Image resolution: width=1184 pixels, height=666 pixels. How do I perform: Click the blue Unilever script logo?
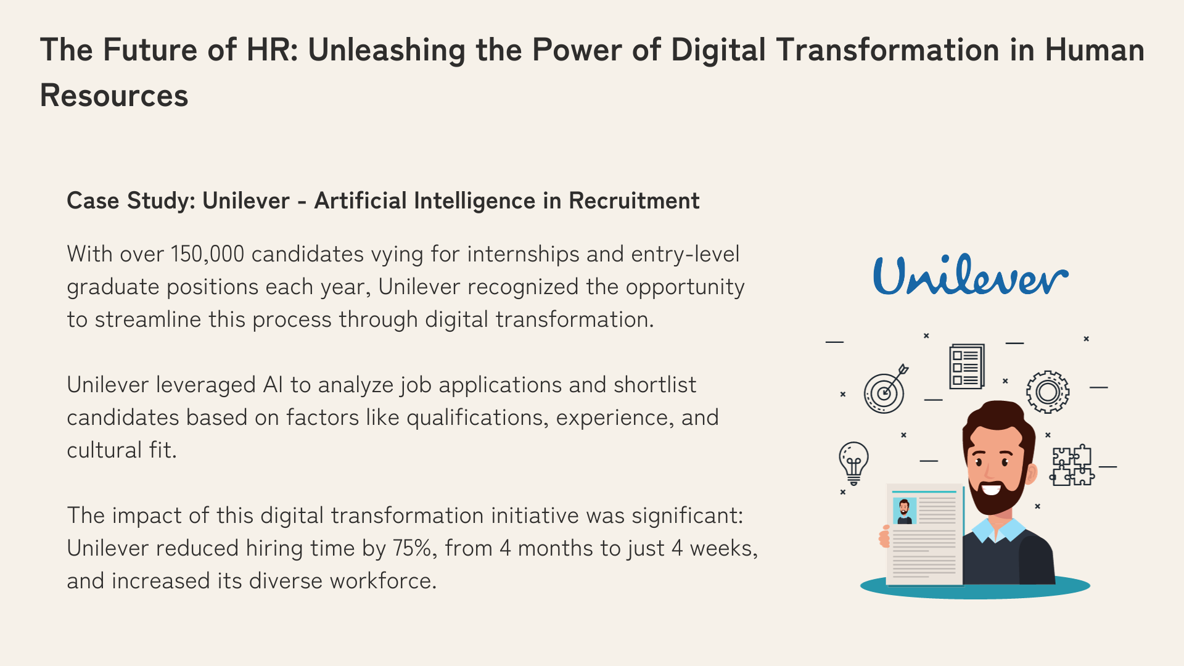coord(971,275)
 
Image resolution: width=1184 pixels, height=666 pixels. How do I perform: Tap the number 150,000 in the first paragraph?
coord(207,254)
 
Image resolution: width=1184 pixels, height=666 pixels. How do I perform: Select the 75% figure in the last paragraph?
coord(413,548)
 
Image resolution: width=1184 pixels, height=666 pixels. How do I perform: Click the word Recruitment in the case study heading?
coord(634,201)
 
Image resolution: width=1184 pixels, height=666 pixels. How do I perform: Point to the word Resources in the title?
coord(114,96)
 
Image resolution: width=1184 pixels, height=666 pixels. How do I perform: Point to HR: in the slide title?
coord(272,50)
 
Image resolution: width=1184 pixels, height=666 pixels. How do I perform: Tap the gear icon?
coord(1048,392)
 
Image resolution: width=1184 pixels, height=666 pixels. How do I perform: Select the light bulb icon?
coord(854,463)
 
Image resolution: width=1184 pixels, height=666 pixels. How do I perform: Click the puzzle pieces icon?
coord(1072,466)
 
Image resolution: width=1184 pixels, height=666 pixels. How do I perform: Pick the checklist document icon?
coord(966,366)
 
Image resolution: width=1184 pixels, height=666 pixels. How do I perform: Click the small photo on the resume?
coord(905,511)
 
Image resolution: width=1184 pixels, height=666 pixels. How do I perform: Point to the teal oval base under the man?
coord(975,586)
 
